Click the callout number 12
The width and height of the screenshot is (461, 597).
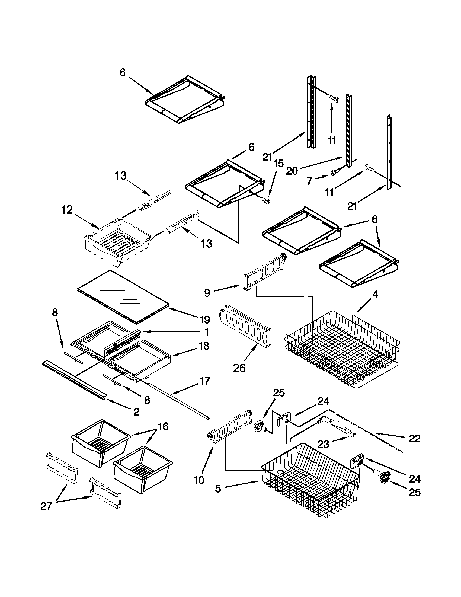pyautogui.click(x=67, y=210)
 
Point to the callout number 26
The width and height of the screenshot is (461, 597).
pyautogui.click(x=239, y=368)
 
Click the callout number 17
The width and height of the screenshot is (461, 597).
pyautogui.click(x=205, y=381)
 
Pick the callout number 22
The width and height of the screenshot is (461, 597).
pyautogui.click(x=414, y=438)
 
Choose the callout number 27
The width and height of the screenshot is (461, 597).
pyautogui.click(x=46, y=506)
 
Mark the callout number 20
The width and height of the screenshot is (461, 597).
pyautogui.click(x=292, y=171)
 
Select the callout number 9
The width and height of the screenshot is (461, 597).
pyautogui.click(x=207, y=293)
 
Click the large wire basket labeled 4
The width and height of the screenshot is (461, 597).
pyautogui.click(x=342, y=350)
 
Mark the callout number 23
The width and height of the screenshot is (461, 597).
pyautogui.click(x=323, y=444)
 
